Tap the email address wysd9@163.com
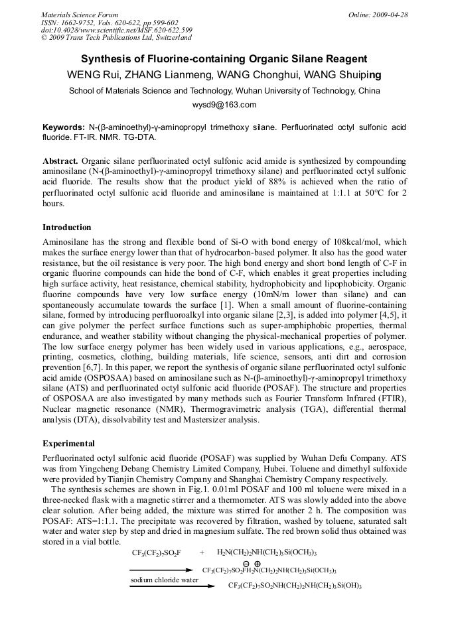click(224, 105)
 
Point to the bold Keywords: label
click(63, 127)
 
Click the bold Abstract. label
click(60, 161)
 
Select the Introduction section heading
click(67, 227)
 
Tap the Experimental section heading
click(68, 443)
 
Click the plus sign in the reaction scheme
click(202, 552)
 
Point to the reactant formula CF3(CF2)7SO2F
click(157, 552)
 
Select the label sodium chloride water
click(164, 580)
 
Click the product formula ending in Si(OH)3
click(295, 586)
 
